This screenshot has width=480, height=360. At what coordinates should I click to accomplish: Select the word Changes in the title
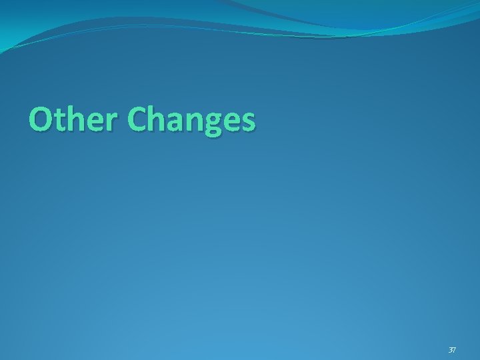[191, 121]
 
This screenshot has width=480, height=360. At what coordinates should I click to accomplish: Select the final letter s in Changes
[247, 123]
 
